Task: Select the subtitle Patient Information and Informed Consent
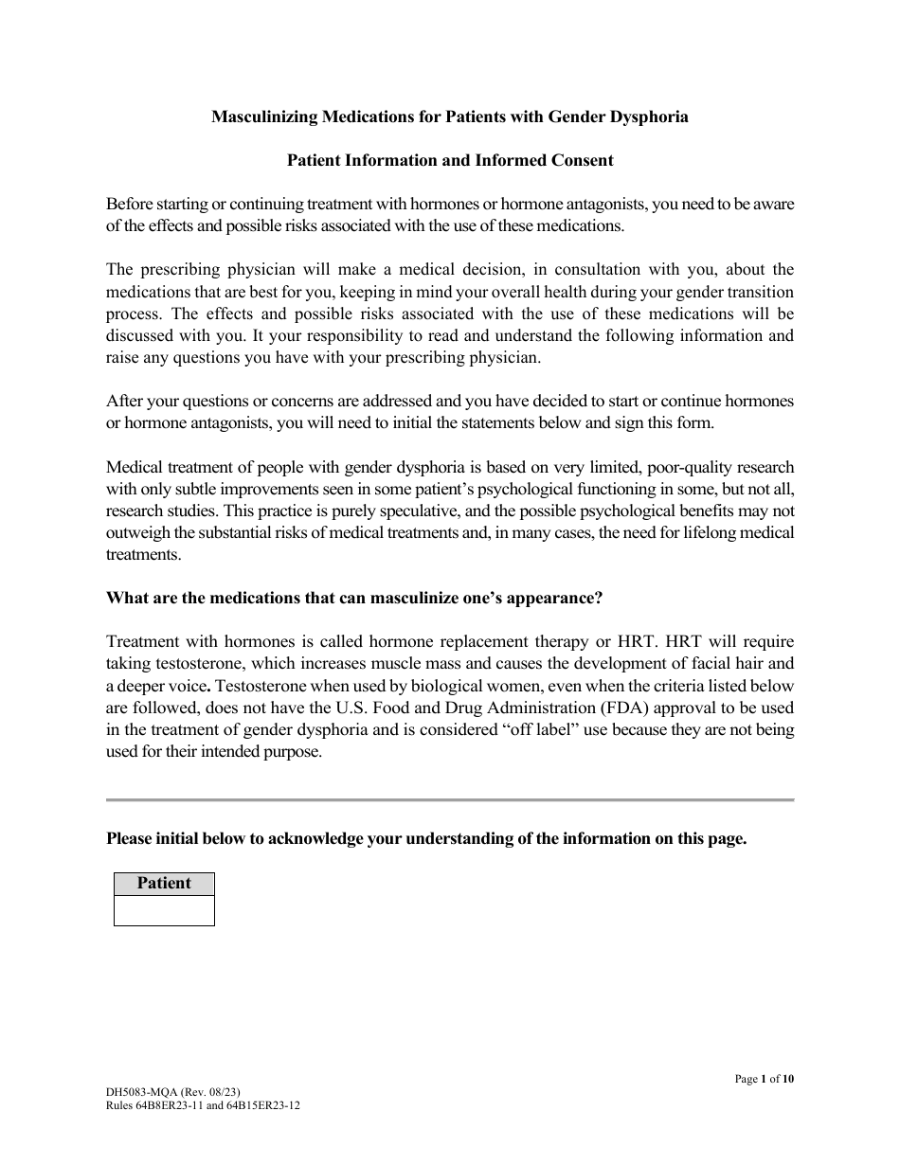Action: click(450, 160)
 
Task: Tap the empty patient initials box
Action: click(164, 910)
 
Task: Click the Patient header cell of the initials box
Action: click(164, 883)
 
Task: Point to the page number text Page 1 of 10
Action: click(764, 1078)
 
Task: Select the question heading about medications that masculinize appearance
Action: click(354, 598)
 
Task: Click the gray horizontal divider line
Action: click(450, 800)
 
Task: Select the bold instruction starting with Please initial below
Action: click(426, 838)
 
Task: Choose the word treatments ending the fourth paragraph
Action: click(141, 554)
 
